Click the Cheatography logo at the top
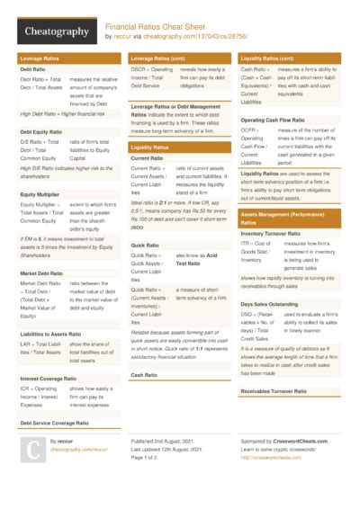point(55,32)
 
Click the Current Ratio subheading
point(147,158)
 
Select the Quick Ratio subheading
point(145,245)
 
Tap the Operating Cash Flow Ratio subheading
point(274,120)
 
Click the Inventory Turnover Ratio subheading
point(274,234)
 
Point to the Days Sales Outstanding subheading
point(271,304)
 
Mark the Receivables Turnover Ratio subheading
point(275,391)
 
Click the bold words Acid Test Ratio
point(192,260)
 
